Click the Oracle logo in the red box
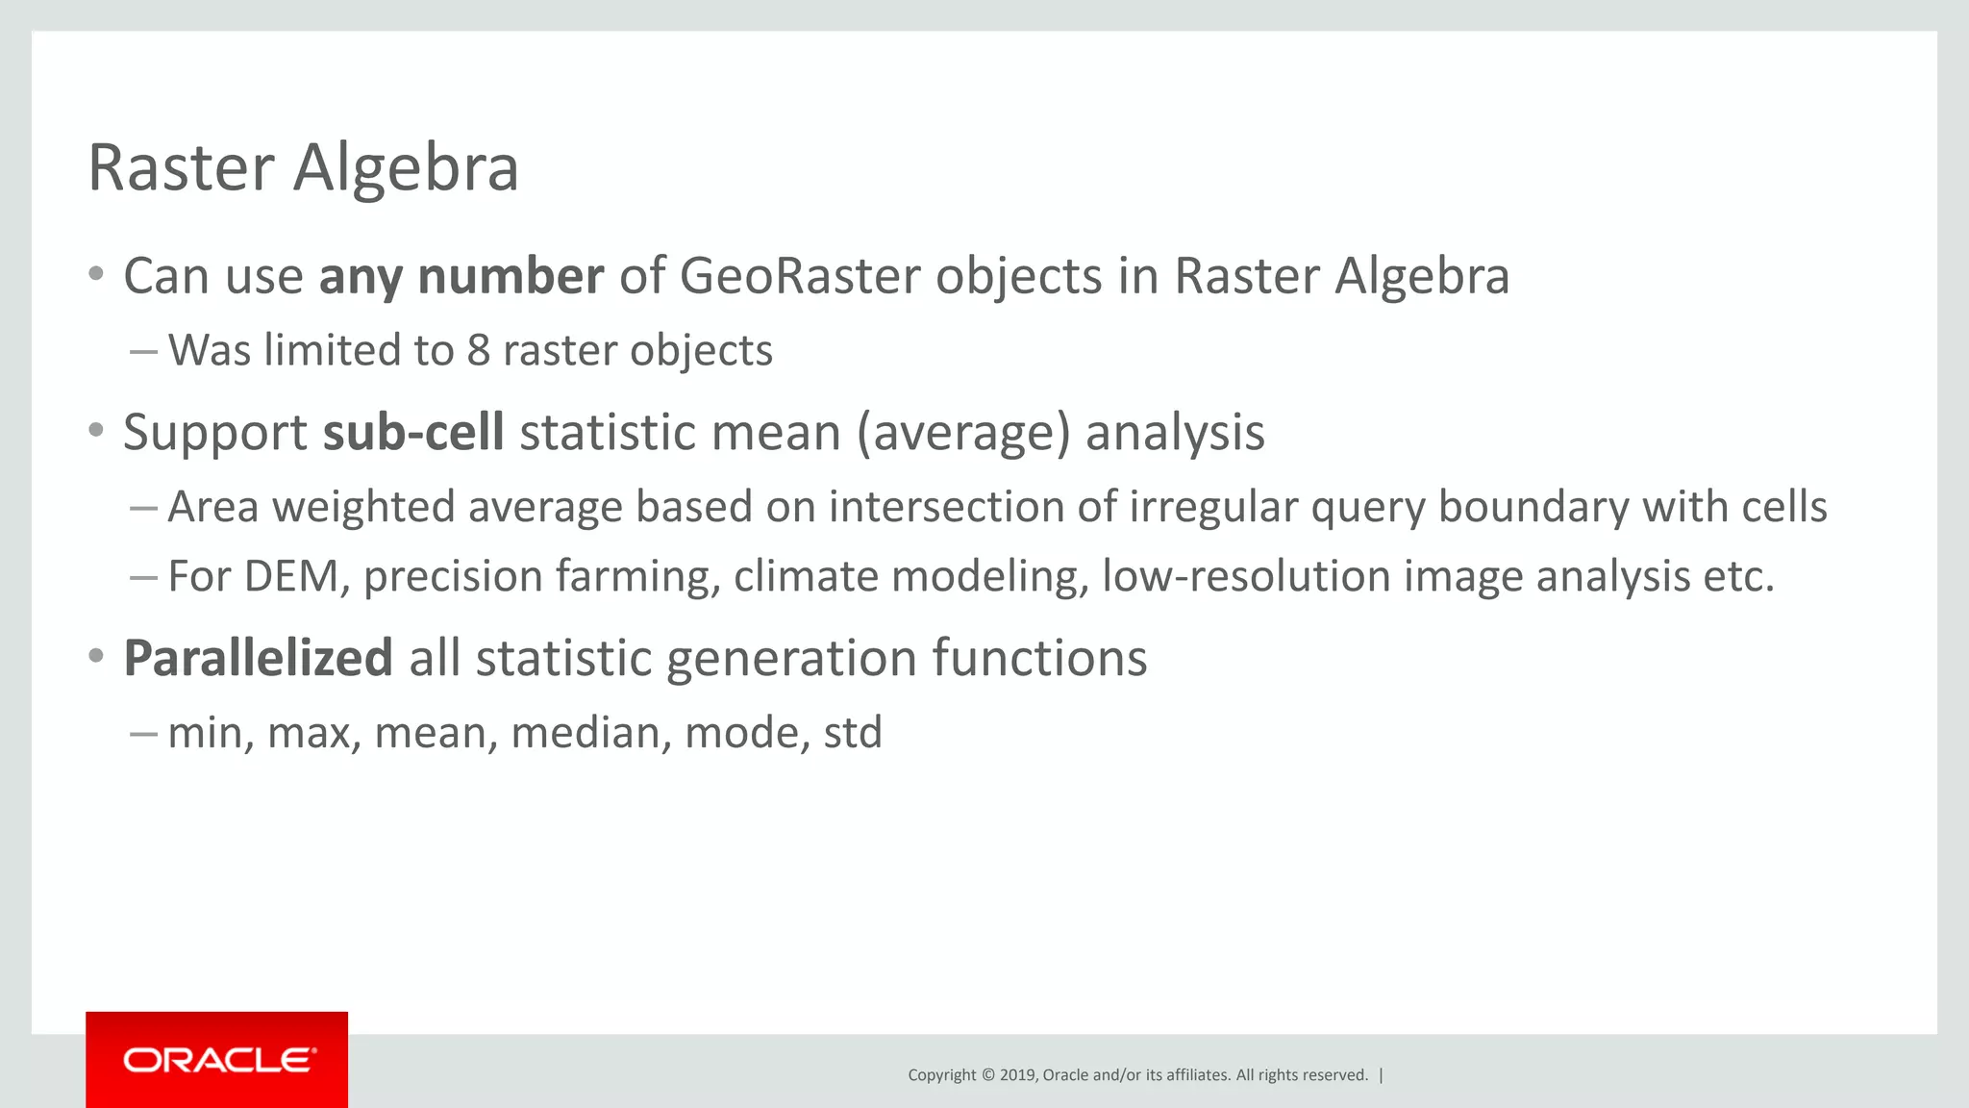pos(218,1060)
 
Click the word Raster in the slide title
pos(181,168)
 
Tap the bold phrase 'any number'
pos(461,277)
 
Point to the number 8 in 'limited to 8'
pos(478,350)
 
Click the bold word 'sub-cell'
pos(413,432)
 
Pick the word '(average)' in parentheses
pos(963,432)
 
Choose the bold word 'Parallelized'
pos(258,659)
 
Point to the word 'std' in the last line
pos(853,733)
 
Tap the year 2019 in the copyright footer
pos(1017,1075)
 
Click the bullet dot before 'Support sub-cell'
pos(95,431)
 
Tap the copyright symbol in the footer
pos(987,1075)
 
